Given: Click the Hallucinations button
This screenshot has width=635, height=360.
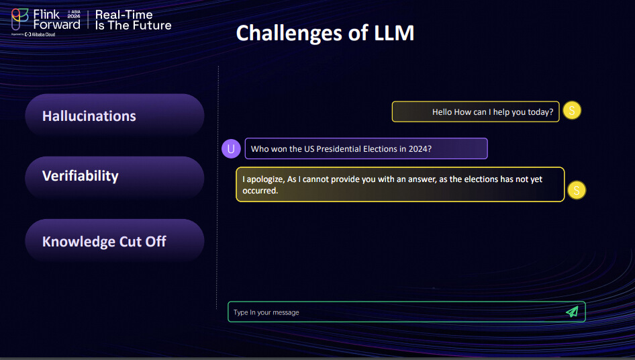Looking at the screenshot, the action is click(115, 116).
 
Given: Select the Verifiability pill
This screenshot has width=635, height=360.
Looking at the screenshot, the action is click(115, 177).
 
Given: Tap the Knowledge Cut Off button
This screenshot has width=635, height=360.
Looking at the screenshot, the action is click(115, 241).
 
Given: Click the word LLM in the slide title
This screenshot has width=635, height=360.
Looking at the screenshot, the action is click(394, 33).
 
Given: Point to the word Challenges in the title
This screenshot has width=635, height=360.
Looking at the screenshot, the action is click(289, 34).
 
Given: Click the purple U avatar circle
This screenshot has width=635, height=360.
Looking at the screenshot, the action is click(231, 149).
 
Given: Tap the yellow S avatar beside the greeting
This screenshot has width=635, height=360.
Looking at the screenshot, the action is click(572, 111).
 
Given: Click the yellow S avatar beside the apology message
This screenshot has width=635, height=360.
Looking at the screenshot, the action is click(577, 190).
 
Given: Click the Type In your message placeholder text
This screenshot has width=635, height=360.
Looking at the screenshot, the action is click(266, 312).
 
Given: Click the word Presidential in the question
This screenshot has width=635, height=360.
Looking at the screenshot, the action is click(338, 149).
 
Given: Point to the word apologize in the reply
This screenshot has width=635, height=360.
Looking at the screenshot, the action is click(265, 179).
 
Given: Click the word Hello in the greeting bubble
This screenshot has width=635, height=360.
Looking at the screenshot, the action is click(442, 112).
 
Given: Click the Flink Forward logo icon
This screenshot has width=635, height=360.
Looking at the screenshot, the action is click(19, 19).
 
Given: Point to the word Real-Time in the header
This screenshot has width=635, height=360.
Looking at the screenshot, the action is click(124, 15).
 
